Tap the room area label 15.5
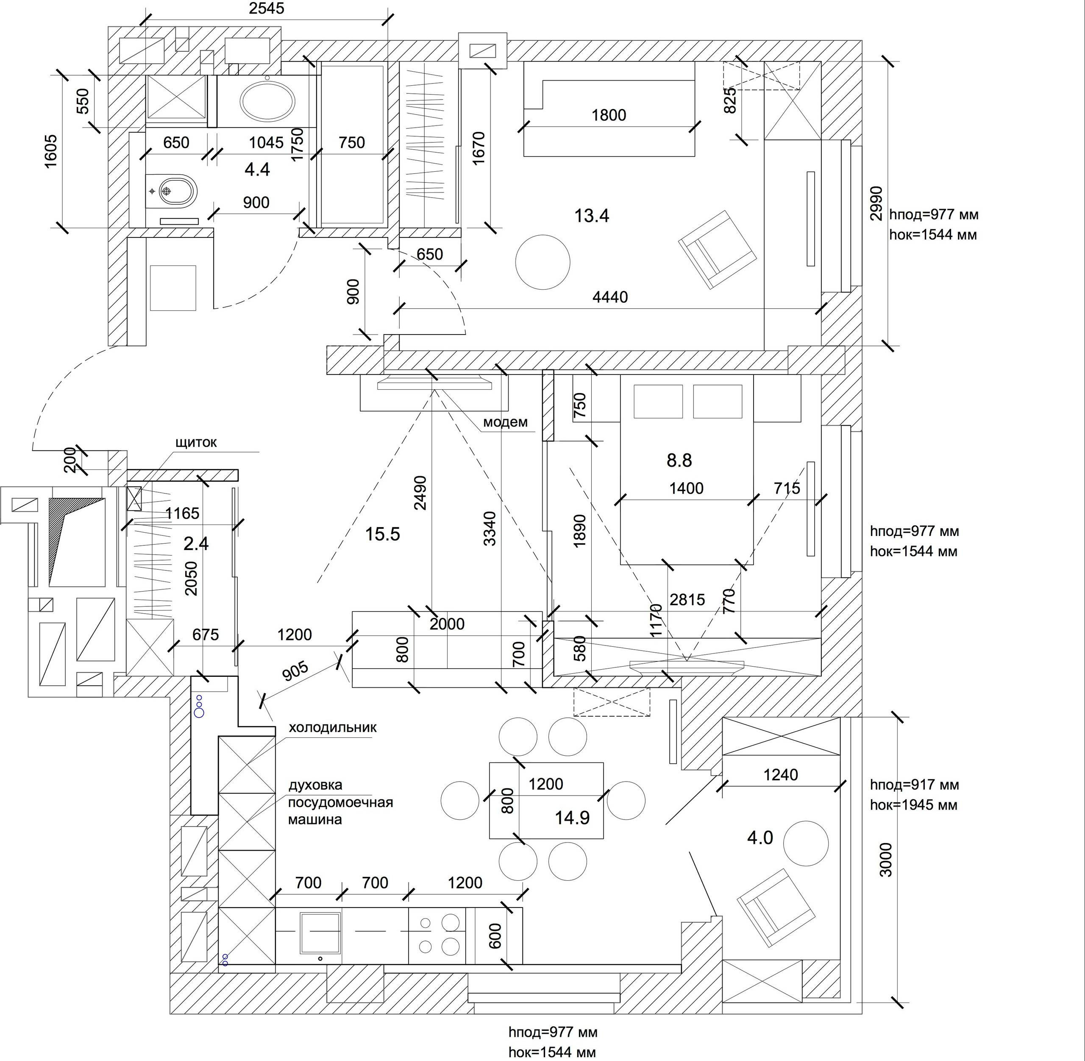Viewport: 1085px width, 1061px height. click(x=383, y=534)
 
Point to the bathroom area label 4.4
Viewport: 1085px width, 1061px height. click(x=257, y=169)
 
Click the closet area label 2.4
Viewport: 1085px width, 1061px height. click(x=196, y=543)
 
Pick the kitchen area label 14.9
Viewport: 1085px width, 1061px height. click(x=572, y=818)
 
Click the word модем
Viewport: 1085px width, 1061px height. click(x=505, y=422)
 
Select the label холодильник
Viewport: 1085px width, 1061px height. click(x=333, y=727)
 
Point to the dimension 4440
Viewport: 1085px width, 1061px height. click(x=610, y=297)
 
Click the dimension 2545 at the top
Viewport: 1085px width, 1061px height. click(x=266, y=8)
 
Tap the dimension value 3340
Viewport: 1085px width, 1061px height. click(x=489, y=528)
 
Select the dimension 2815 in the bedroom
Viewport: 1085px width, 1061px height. click(x=687, y=600)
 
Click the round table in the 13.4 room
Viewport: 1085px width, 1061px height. click(x=542, y=262)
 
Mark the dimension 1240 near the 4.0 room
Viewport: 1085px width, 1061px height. click(x=780, y=775)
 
